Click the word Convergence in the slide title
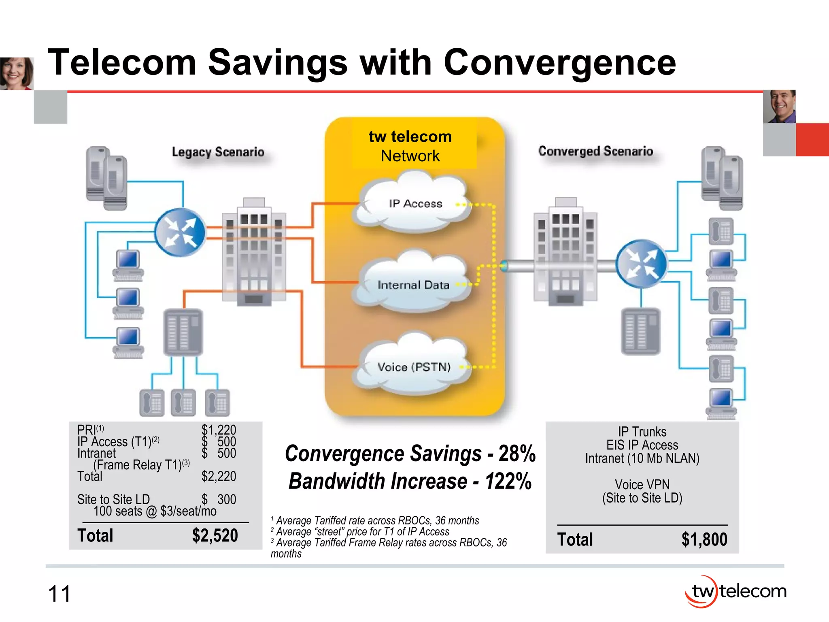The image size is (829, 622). tap(559, 62)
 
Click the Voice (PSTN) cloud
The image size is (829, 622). tap(413, 367)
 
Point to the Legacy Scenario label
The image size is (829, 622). tap(218, 152)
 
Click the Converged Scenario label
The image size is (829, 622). tap(595, 151)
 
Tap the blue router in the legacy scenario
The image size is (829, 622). tap(180, 232)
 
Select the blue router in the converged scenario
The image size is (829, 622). tap(641, 264)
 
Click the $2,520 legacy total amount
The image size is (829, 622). tap(215, 535)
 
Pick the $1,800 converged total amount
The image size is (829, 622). tap(704, 539)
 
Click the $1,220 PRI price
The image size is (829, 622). tap(219, 430)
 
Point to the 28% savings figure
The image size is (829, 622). tap(517, 454)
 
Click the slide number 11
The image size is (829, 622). tap(59, 594)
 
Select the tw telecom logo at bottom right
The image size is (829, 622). tap(735, 591)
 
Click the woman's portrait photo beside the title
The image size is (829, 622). tap(16, 73)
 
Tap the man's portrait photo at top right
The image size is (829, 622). tap(779, 106)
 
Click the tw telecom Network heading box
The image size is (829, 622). tap(410, 146)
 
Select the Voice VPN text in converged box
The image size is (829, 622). tap(642, 484)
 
